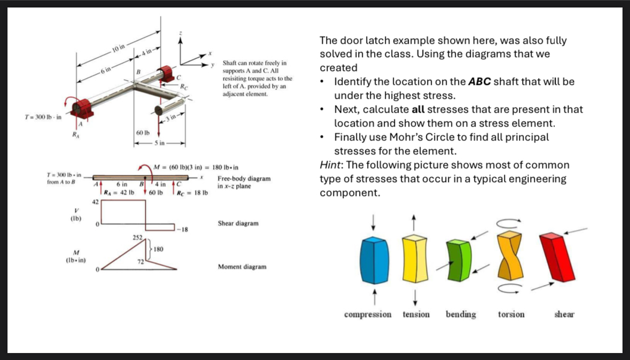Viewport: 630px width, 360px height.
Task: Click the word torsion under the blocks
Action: tap(511, 315)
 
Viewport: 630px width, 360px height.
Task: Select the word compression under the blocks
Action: tap(368, 315)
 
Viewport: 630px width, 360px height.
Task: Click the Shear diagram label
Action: tap(238, 223)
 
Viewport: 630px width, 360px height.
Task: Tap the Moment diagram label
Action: tap(242, 267)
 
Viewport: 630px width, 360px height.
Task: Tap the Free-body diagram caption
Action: tap(244, 182)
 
